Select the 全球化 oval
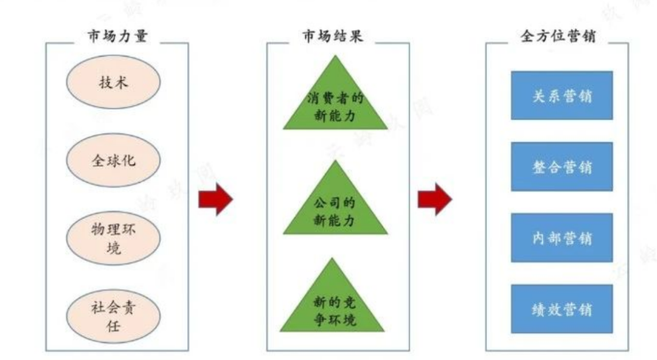114,161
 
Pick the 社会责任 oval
114,317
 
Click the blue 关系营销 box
561,95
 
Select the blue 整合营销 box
561,167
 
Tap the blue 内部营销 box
561,238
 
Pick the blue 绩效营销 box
561,309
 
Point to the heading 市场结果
333,36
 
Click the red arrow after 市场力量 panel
216,199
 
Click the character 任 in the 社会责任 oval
114,327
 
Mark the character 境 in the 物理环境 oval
114,249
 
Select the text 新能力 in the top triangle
335,115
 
